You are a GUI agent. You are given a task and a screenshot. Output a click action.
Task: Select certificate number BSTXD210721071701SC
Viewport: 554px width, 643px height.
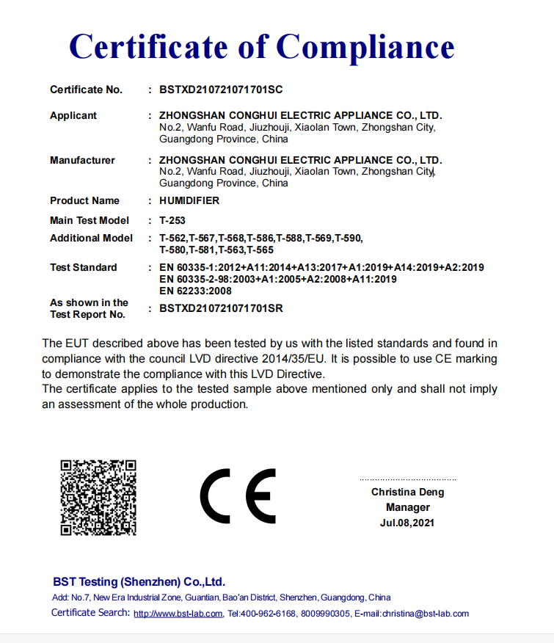(x=221, y=90)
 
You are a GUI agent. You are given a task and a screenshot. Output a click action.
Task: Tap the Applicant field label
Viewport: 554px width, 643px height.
(x=73, y=115)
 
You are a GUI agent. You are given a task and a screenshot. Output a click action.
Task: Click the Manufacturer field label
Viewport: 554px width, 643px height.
(x=82, y=160)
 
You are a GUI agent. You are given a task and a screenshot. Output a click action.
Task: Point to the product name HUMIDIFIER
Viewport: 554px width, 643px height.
(x=189, y=200)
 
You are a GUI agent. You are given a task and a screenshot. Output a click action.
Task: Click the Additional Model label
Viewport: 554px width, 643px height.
(x=91, y=238)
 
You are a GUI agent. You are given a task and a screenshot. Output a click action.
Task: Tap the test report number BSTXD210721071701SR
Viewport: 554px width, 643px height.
(x=221, y=308)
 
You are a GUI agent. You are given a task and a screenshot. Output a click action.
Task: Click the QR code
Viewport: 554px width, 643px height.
(x=98, y=497)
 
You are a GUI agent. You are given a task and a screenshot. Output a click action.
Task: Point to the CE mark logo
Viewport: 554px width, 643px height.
(x=238, y=495)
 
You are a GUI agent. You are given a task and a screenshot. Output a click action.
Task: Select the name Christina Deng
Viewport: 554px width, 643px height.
(x=407, y=493)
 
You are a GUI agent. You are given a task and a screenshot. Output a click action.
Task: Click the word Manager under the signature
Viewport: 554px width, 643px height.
(x=408, y=507)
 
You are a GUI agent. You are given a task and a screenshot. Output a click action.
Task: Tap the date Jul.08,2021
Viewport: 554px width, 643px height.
(x=407, y=523)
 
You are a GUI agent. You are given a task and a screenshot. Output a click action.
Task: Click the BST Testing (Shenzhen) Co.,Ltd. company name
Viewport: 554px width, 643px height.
(x=139, y=582)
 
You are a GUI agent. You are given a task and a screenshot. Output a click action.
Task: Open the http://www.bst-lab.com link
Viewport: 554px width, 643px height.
(x=178, y=614)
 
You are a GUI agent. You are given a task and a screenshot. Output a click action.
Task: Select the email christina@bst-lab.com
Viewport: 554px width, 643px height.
(x=426, y=614)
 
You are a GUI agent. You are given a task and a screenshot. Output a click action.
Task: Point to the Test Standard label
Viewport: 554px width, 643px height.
(x=83, y=267)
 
